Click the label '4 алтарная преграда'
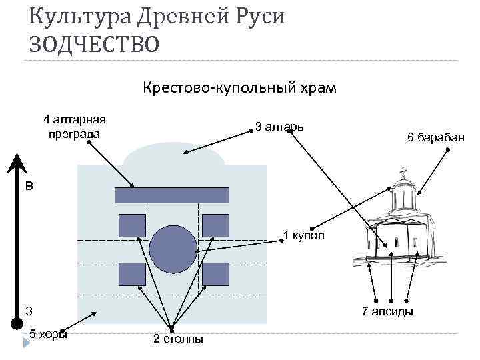coord(74,127)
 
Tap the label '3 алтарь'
coord(280,125)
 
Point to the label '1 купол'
coord(304,235)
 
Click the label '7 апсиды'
coord(387,311)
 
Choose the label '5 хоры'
coord(49,334)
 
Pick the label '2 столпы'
coord(178,339)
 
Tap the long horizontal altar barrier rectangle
coord(172,195)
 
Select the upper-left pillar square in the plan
coord(132,225)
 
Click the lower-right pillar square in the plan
coord(215,273)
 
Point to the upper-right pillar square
coord(215,225)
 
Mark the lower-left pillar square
coord(132,273)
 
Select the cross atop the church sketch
coord(403,173)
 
